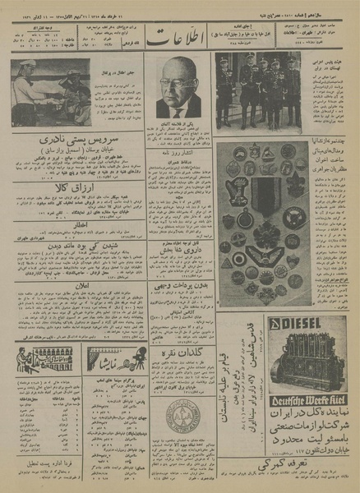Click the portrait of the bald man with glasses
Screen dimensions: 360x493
[178, 87]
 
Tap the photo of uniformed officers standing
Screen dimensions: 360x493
[257, 90]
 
